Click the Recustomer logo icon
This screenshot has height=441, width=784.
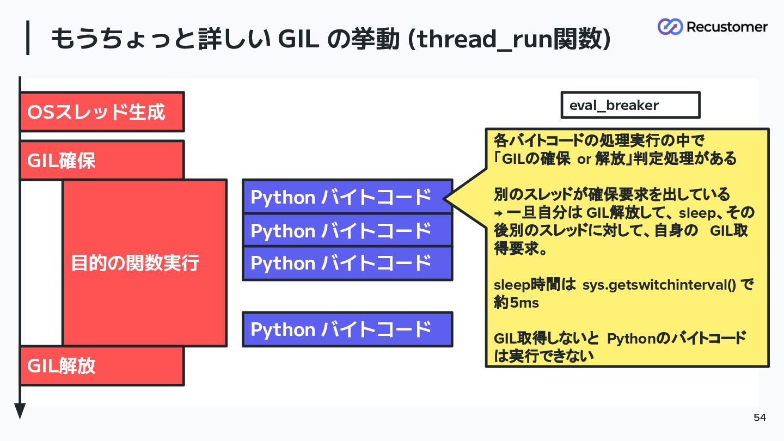[670, 27]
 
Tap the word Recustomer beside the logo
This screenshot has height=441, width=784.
[727, 27]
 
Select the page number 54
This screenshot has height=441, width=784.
[760, 417]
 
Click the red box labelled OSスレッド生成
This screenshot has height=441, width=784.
[102, 112]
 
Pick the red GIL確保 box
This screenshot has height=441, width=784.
[102, 160]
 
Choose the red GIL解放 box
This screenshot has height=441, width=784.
[102, 366]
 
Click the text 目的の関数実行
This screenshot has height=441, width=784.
[135, 263]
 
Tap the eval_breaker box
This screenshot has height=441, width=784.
[630, 105]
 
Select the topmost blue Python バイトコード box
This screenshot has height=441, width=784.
[347, 197]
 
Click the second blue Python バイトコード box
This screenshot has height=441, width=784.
[347, 230]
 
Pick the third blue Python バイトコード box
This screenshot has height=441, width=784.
[347, 263]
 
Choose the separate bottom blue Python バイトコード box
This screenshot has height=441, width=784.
[347, 329]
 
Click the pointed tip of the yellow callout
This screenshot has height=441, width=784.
[444, 199]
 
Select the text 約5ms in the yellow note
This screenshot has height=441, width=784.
[516, 302]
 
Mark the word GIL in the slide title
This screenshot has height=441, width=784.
[298, 39]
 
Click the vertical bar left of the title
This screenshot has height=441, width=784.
[28, 38]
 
